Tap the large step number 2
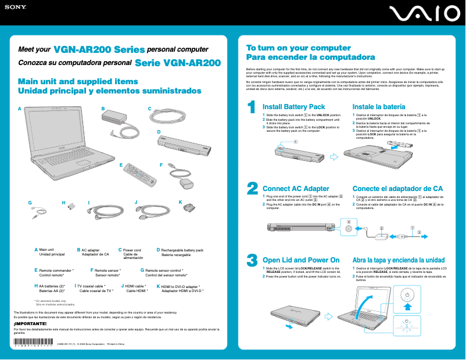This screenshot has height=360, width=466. pos(252,188)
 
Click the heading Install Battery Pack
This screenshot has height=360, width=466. pos(293,107)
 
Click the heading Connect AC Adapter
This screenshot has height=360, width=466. pos(296,189)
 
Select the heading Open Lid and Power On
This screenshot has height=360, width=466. pos(301,260)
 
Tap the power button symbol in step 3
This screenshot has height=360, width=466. pos(408,295)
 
